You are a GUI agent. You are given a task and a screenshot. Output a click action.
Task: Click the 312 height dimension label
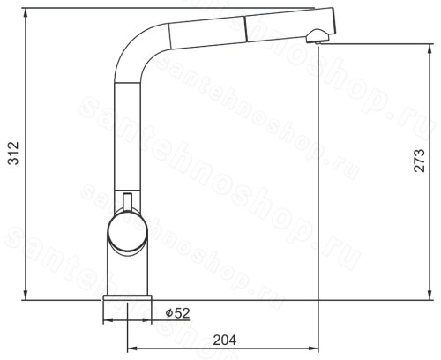(x=13, y=153)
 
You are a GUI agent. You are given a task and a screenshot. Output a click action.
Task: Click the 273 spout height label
(x=420, y=161)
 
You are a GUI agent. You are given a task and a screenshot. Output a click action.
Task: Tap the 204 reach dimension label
(x=225, y=341)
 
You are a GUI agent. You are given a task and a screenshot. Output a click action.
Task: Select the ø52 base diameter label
(x=177, y=313)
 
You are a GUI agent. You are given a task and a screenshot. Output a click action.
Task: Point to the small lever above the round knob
(x=128, y=201)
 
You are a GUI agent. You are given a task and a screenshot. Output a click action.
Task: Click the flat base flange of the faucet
(x=127, y=297)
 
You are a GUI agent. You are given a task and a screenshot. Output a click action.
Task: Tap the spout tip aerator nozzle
(x=318, y=36)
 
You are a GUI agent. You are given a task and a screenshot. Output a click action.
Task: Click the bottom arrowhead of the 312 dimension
(x=26, y=294)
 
